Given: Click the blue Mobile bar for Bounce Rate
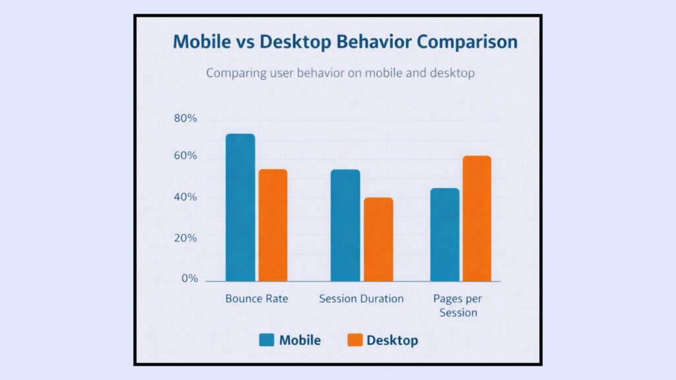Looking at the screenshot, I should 240,208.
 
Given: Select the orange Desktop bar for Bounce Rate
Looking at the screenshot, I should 273,225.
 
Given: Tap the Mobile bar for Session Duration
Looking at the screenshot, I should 345,225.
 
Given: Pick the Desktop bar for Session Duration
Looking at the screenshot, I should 378,239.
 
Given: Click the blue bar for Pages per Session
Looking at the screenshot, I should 444,235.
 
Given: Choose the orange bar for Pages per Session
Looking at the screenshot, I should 477,218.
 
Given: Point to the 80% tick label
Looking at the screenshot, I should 186,119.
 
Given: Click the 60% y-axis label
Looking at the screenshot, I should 186,156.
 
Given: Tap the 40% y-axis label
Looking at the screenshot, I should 186,197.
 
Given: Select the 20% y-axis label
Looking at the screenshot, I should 186,237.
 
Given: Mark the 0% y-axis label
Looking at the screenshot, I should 189,278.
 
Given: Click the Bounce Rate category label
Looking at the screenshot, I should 257,299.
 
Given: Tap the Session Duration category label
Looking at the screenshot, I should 361,299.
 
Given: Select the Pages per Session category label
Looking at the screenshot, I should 458,305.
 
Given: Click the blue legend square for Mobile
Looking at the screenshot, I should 266,340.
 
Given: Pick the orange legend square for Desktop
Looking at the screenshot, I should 355,340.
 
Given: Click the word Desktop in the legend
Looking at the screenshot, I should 392,340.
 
